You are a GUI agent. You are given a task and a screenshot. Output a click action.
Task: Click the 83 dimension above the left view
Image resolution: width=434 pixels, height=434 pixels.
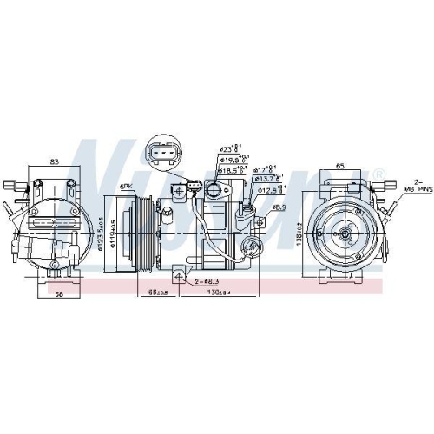54,161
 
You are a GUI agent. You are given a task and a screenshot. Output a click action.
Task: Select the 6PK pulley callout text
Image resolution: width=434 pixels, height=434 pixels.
127,187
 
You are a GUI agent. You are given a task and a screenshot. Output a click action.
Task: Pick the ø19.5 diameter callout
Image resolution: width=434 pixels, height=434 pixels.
229,160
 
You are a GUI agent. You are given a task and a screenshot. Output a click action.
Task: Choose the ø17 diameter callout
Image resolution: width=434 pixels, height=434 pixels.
265,169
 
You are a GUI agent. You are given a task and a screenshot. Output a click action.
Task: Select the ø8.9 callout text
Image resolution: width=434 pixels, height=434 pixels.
279,207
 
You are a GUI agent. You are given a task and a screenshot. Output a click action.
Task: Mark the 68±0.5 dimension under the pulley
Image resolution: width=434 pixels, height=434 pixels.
157,293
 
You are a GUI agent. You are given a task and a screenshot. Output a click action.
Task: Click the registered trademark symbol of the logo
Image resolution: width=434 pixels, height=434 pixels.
379,174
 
